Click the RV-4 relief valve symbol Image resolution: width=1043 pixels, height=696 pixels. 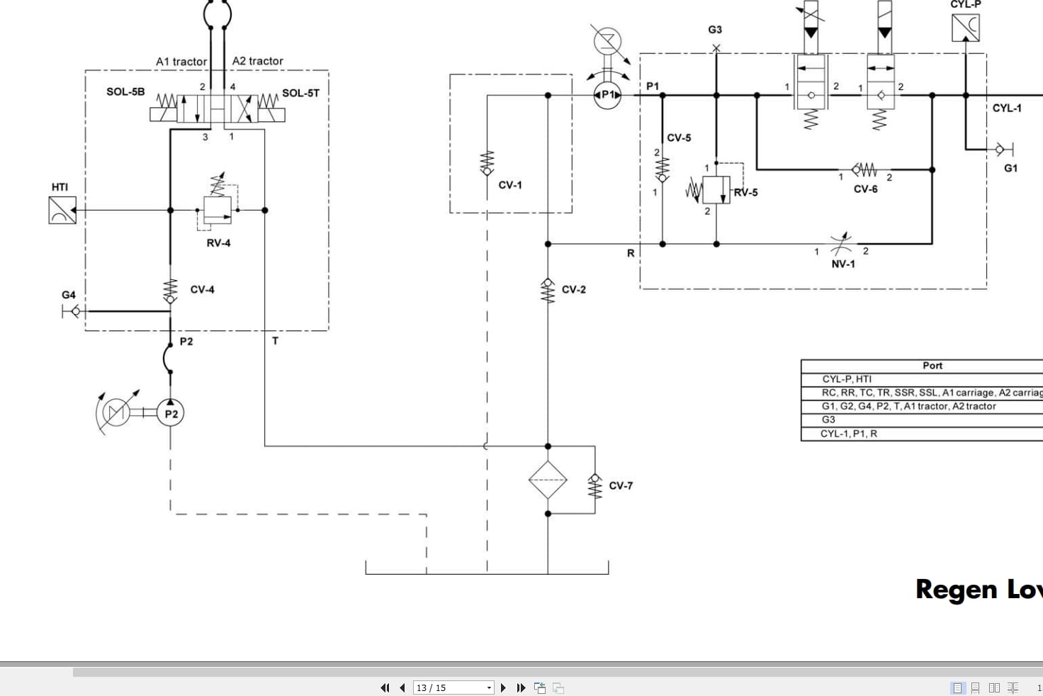(x=217, y=210)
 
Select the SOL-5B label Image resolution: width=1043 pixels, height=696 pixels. (x=125, y=92)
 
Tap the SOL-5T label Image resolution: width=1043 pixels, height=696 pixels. (x=300, y=93)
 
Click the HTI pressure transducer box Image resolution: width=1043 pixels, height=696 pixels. (x=62, y=211)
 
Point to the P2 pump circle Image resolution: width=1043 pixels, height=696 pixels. (x=170, y=414)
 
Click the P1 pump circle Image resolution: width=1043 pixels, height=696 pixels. (x=607, y=95)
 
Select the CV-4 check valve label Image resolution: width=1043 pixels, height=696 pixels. (x=202, y=290)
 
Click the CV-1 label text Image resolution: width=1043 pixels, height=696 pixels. (x=509, y=185)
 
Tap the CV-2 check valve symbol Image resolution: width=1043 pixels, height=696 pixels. (x=548, y=289)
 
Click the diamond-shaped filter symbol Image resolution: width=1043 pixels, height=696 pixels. (x=548, y=480)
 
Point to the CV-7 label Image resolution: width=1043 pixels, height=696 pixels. (x=621, y=486)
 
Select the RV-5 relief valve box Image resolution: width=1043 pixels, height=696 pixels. (x=716, y=190)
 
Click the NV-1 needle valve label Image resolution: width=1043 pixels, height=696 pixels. (x=842, y=264)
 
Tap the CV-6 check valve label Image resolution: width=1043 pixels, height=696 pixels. (x=865, y=189)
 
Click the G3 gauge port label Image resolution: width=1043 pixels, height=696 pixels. (x=715, y=30)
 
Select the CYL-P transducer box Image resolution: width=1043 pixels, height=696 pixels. (x=965, y=28)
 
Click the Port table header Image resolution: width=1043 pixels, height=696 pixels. (x=932, y=366)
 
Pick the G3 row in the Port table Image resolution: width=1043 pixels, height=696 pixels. (x=828, y=420)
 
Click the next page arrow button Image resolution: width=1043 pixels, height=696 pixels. (x=503, y=687)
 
